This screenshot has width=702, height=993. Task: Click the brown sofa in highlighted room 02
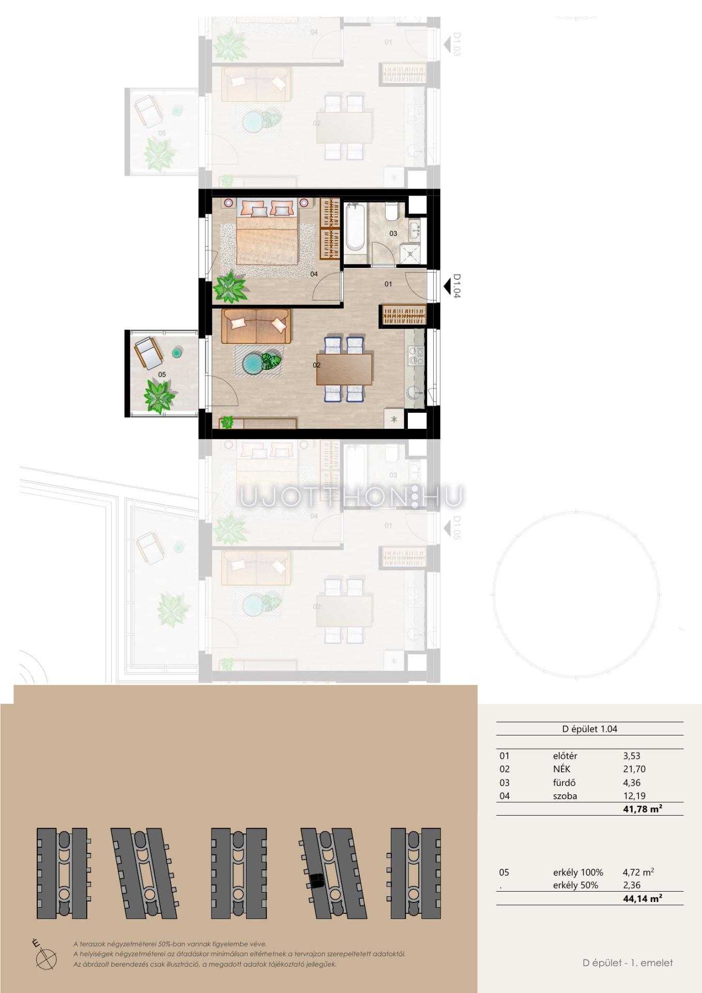click(256, 326)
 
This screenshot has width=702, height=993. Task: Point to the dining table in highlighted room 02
click(344, 369)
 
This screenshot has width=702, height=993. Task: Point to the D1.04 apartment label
click(457, 285)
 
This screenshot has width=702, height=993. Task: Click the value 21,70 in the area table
click(634, 769)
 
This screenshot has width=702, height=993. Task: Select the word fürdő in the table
click(564, 783)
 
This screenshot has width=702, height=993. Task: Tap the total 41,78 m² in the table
click(643, 809)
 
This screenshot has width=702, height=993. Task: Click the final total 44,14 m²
click(643, 898)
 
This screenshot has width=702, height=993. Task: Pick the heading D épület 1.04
click(589, 729)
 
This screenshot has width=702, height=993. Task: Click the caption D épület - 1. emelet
click(628, 962)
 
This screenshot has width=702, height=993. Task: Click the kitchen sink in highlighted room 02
click(414, 394)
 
